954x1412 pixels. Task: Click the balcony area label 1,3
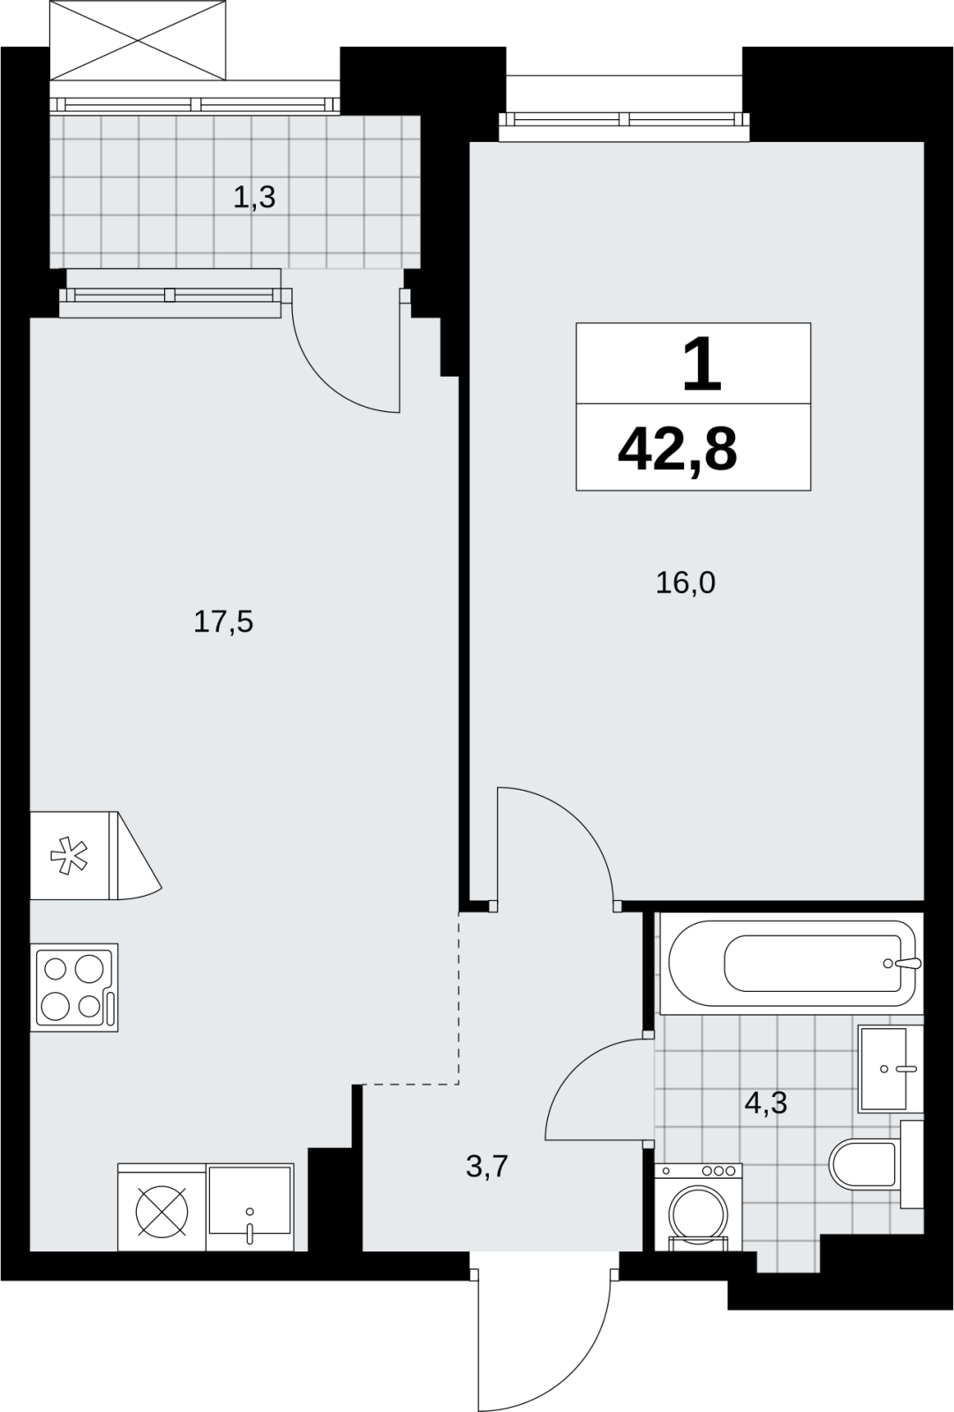point(254,198)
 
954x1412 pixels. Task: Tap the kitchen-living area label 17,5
point(223,622)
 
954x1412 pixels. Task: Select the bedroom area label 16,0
point(686,583)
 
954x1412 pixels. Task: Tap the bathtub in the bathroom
point(792,963)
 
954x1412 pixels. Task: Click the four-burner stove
point(74,988)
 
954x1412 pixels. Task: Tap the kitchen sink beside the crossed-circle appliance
point(250,1216)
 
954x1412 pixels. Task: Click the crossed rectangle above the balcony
point(138,41)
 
